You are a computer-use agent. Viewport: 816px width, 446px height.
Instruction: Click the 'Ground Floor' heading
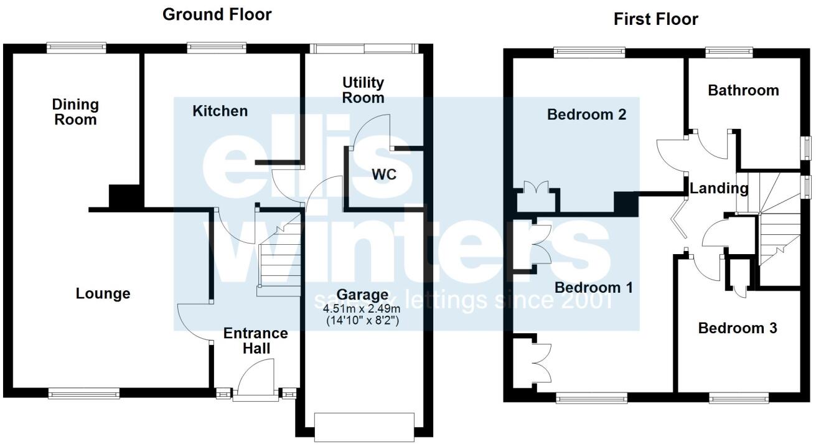pos(217,15)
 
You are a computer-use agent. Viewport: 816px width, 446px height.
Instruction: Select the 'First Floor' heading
pos(655,19)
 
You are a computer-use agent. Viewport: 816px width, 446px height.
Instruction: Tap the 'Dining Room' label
pos(75,112)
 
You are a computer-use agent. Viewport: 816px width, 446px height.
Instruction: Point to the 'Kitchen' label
pos(220,111)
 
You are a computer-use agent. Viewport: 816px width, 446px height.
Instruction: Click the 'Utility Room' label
pos(363,90)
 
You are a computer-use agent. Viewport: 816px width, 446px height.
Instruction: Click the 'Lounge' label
pos(103,293)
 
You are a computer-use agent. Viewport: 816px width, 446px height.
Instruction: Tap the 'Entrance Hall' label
pos(256,341)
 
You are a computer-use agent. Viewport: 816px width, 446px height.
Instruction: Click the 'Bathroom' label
pos(743,90)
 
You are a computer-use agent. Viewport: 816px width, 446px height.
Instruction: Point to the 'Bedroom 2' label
pos(586,115)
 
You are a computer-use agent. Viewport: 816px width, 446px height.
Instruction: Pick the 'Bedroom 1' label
pos(593,288)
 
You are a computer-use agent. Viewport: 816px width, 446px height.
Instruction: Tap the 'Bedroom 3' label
pos(737,328)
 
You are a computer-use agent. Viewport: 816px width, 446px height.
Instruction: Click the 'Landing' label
pos(718,188)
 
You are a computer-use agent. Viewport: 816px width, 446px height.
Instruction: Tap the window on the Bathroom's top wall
pos(729,53)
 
